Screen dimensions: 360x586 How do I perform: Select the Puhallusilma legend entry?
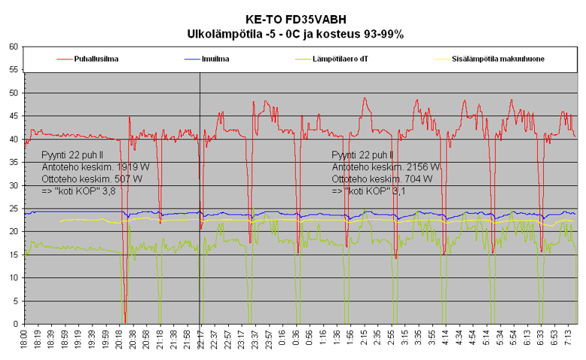tap(96, 58)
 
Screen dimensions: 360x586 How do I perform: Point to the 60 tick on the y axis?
tap(14, 47)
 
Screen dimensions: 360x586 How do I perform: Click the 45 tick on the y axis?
tap(14, 116)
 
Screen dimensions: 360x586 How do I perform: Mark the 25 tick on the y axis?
tap(14, 209)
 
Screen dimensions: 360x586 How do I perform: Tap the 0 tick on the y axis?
tap(16, 324)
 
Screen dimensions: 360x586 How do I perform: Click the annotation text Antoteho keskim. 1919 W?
tap(90, 166)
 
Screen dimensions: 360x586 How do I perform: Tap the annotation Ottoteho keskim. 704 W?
tap(382, 179)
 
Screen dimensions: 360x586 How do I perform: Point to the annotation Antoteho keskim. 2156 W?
tap(385, 166)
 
